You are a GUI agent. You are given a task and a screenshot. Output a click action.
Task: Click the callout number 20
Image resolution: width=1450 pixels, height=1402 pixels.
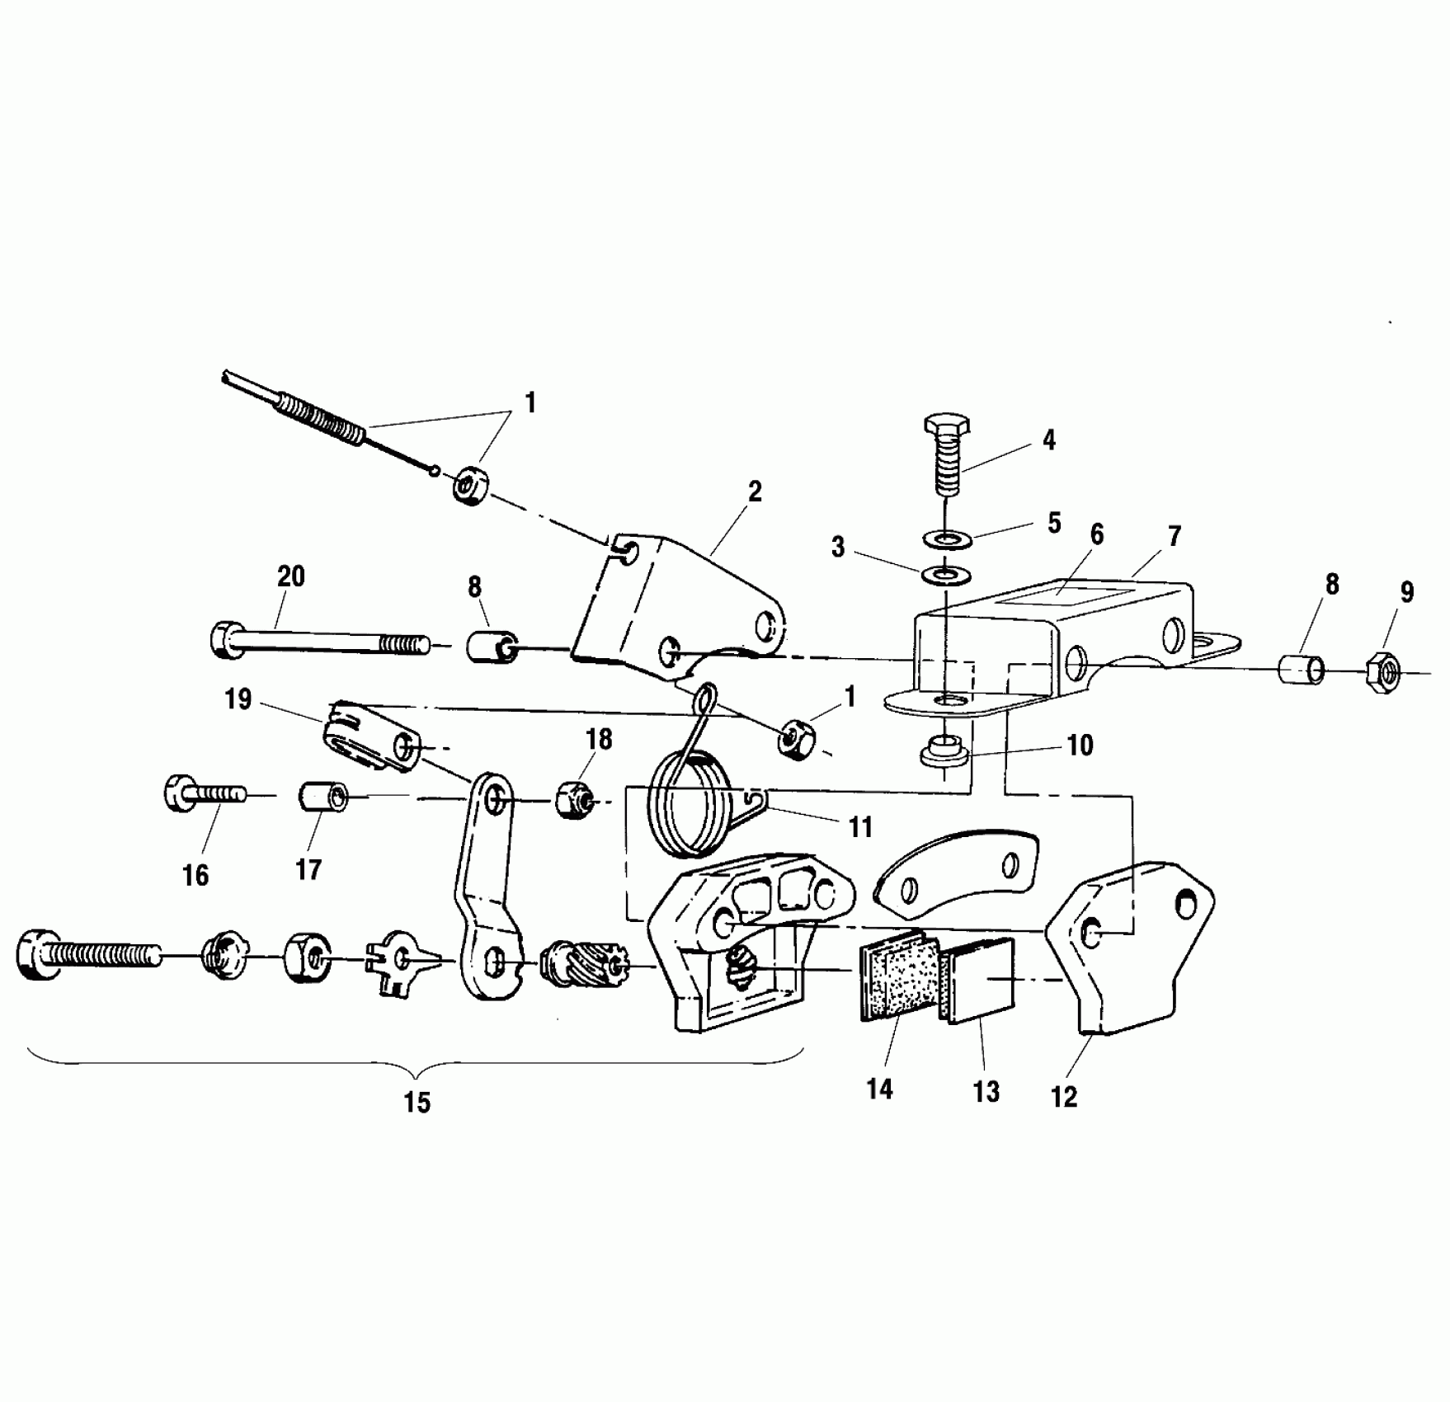[x=290, y=576]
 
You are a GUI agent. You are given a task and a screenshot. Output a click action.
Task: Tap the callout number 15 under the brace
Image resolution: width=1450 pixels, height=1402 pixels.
[x=417, y=1103]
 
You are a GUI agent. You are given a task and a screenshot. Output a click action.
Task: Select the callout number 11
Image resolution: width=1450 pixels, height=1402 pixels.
[x=860, y=827]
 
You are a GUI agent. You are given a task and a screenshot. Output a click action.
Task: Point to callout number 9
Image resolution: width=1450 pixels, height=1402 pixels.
[x=1406, y=592]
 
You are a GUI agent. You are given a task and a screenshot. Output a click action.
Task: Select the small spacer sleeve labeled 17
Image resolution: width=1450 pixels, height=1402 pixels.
[x=321, y=797]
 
